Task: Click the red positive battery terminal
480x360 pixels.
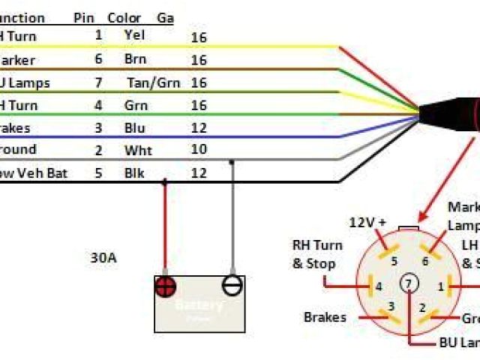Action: tap(165, 285)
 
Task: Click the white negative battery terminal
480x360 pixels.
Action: tap(232, 285)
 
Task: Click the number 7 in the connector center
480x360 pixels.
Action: tap(409, 283)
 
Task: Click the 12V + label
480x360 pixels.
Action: tap(368, 223)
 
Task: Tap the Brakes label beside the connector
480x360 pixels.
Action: tap(325, 317)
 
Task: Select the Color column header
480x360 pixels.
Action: tap(124, 18)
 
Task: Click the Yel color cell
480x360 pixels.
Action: tap(134, 35)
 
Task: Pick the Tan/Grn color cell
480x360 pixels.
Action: tap(154, 82)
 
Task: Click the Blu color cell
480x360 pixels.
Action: tap(134, 128)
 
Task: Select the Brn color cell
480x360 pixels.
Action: tap(135, 59)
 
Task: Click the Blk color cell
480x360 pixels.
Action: tap(134, 174)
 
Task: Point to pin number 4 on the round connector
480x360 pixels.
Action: tap(379, 285)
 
